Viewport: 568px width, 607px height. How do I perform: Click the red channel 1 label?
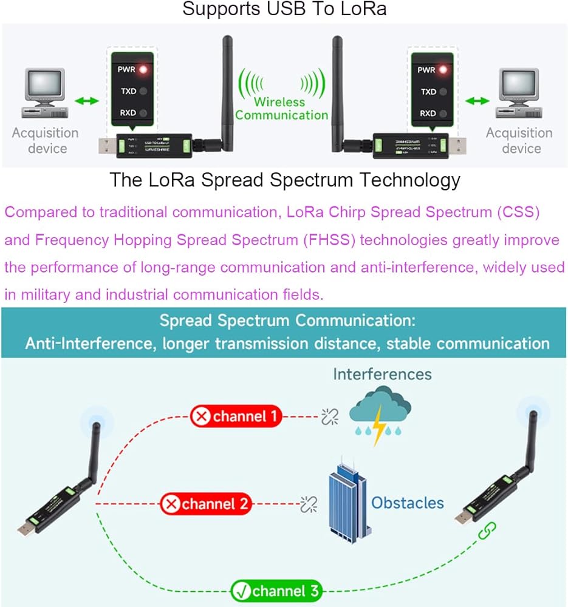(236, 416)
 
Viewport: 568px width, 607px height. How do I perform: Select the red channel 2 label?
(206, 503)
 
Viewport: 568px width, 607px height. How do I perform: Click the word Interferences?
(382, 374)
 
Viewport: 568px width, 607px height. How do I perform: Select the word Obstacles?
(408, 503)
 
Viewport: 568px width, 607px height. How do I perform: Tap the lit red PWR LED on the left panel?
(144, 69)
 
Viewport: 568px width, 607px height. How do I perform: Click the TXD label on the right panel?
(428, 92)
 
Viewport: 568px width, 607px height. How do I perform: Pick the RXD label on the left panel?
(126, 113)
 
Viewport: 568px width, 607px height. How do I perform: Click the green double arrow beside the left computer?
(86, 100)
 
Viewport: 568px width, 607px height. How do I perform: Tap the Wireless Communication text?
(281, 109)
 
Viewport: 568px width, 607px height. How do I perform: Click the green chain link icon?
(485, 532)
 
